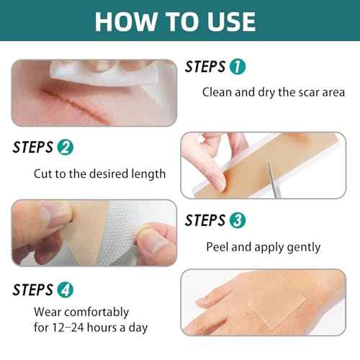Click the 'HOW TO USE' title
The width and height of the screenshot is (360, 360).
[175, 21]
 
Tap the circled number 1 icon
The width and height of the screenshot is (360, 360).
[238, 67]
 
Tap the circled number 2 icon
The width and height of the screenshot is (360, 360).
[65, 148]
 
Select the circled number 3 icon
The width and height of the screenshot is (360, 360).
[238, 220]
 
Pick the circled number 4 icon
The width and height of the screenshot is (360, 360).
[65, 290]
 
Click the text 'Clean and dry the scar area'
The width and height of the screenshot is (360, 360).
[273, 92]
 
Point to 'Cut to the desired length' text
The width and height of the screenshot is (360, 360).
[99, 174]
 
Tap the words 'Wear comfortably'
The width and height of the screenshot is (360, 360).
[81, 312]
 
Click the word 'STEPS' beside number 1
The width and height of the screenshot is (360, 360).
[205, 67]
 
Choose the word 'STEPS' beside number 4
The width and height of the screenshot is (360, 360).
[33, 290]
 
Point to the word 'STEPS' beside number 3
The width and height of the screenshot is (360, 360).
[205, 220]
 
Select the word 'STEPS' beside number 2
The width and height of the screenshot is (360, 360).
[33, 148]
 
